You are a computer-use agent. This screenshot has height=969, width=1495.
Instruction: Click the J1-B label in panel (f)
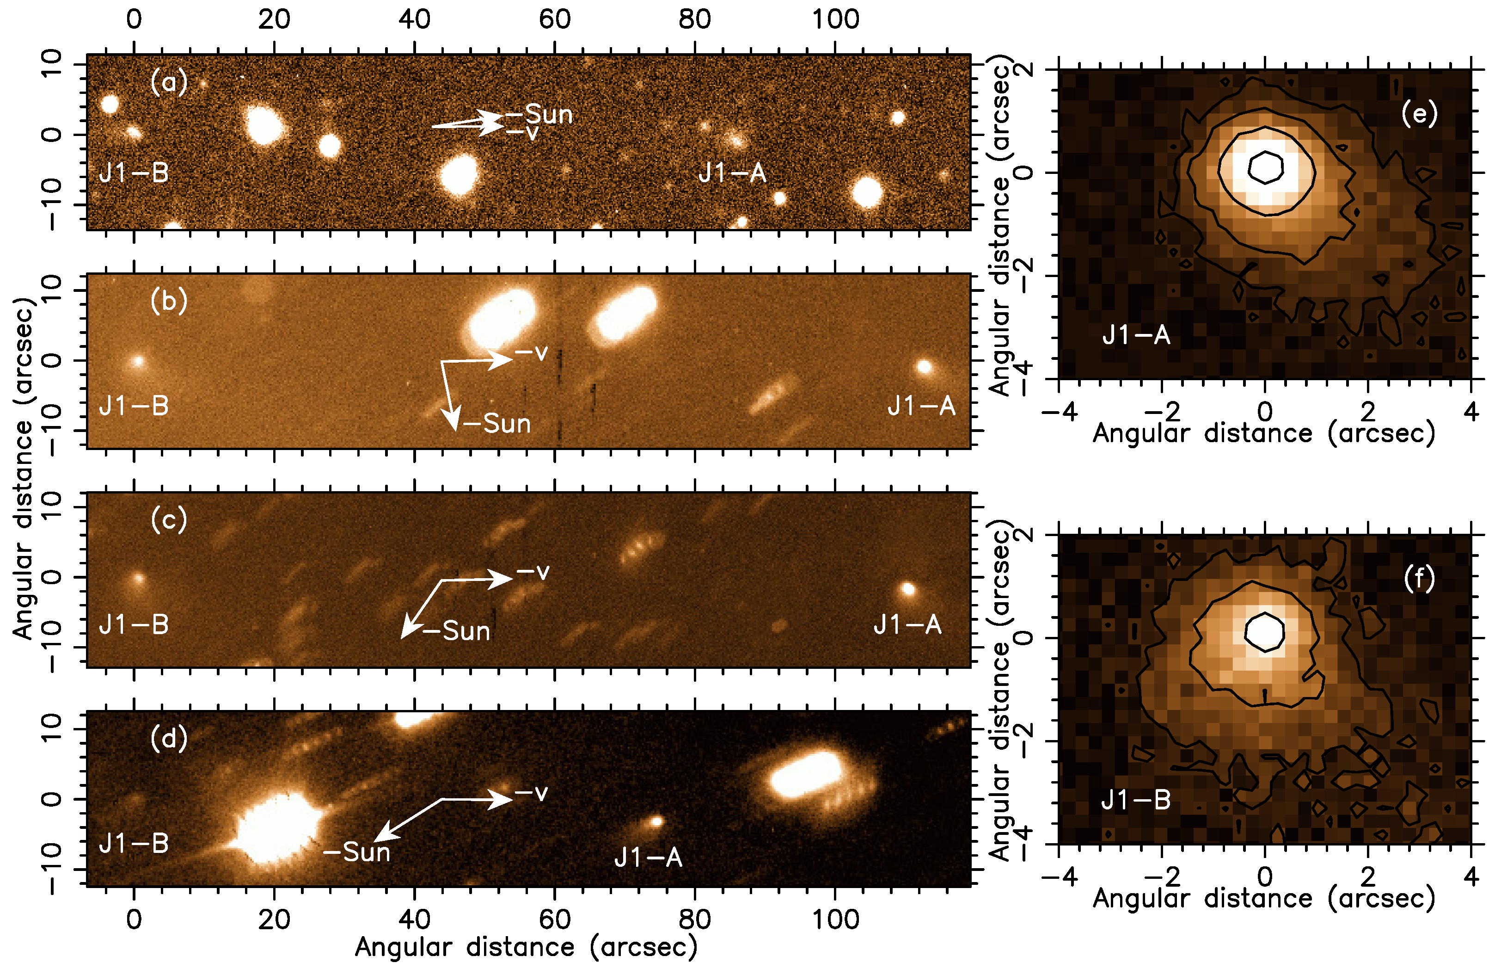(x=1136, y=800)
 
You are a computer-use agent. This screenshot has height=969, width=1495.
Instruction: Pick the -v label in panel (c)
(x=533, y=571)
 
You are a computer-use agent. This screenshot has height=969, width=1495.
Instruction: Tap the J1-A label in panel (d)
(x=648, y=857)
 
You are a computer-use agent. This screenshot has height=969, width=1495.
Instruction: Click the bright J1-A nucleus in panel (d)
(x=657, y=821)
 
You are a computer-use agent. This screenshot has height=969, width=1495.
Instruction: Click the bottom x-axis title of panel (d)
(x=527, y=947)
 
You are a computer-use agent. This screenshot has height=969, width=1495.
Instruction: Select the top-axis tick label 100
(x=835, y=19)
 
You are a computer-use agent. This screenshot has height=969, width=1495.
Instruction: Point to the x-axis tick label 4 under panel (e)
(x=1470, y=412)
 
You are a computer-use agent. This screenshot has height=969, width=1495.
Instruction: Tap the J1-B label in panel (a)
(x=134, y=173)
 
